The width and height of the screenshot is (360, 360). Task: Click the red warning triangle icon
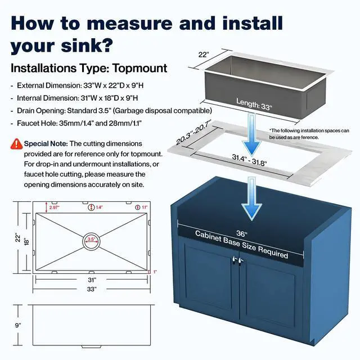pos(16,144)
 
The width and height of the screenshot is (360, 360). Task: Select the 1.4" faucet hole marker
pos(91,208)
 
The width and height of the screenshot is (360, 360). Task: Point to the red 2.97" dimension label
pos(55,208)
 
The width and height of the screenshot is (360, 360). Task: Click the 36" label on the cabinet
pos(241,233)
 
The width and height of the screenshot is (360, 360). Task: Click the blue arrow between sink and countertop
pos(252,135)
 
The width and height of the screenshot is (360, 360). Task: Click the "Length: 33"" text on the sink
pos(254,105)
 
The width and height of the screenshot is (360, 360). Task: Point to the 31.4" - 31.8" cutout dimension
pos(249,160)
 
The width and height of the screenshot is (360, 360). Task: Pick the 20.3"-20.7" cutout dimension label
pos(193,133)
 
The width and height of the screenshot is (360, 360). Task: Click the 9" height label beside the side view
pos(18,325)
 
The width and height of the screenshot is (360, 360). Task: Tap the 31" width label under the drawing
pos(92,280)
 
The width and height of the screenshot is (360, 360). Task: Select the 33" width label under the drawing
pos(92,289)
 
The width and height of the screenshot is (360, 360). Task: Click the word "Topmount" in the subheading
pos(140,69)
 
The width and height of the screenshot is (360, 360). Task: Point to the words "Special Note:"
pos(46,144)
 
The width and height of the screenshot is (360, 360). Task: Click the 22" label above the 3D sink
pos(204,55)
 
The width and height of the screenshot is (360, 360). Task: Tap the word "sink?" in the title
pos(87,46)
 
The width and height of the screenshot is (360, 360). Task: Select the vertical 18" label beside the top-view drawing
pos(26,241)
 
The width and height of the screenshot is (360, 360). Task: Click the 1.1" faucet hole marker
pos(137,208)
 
